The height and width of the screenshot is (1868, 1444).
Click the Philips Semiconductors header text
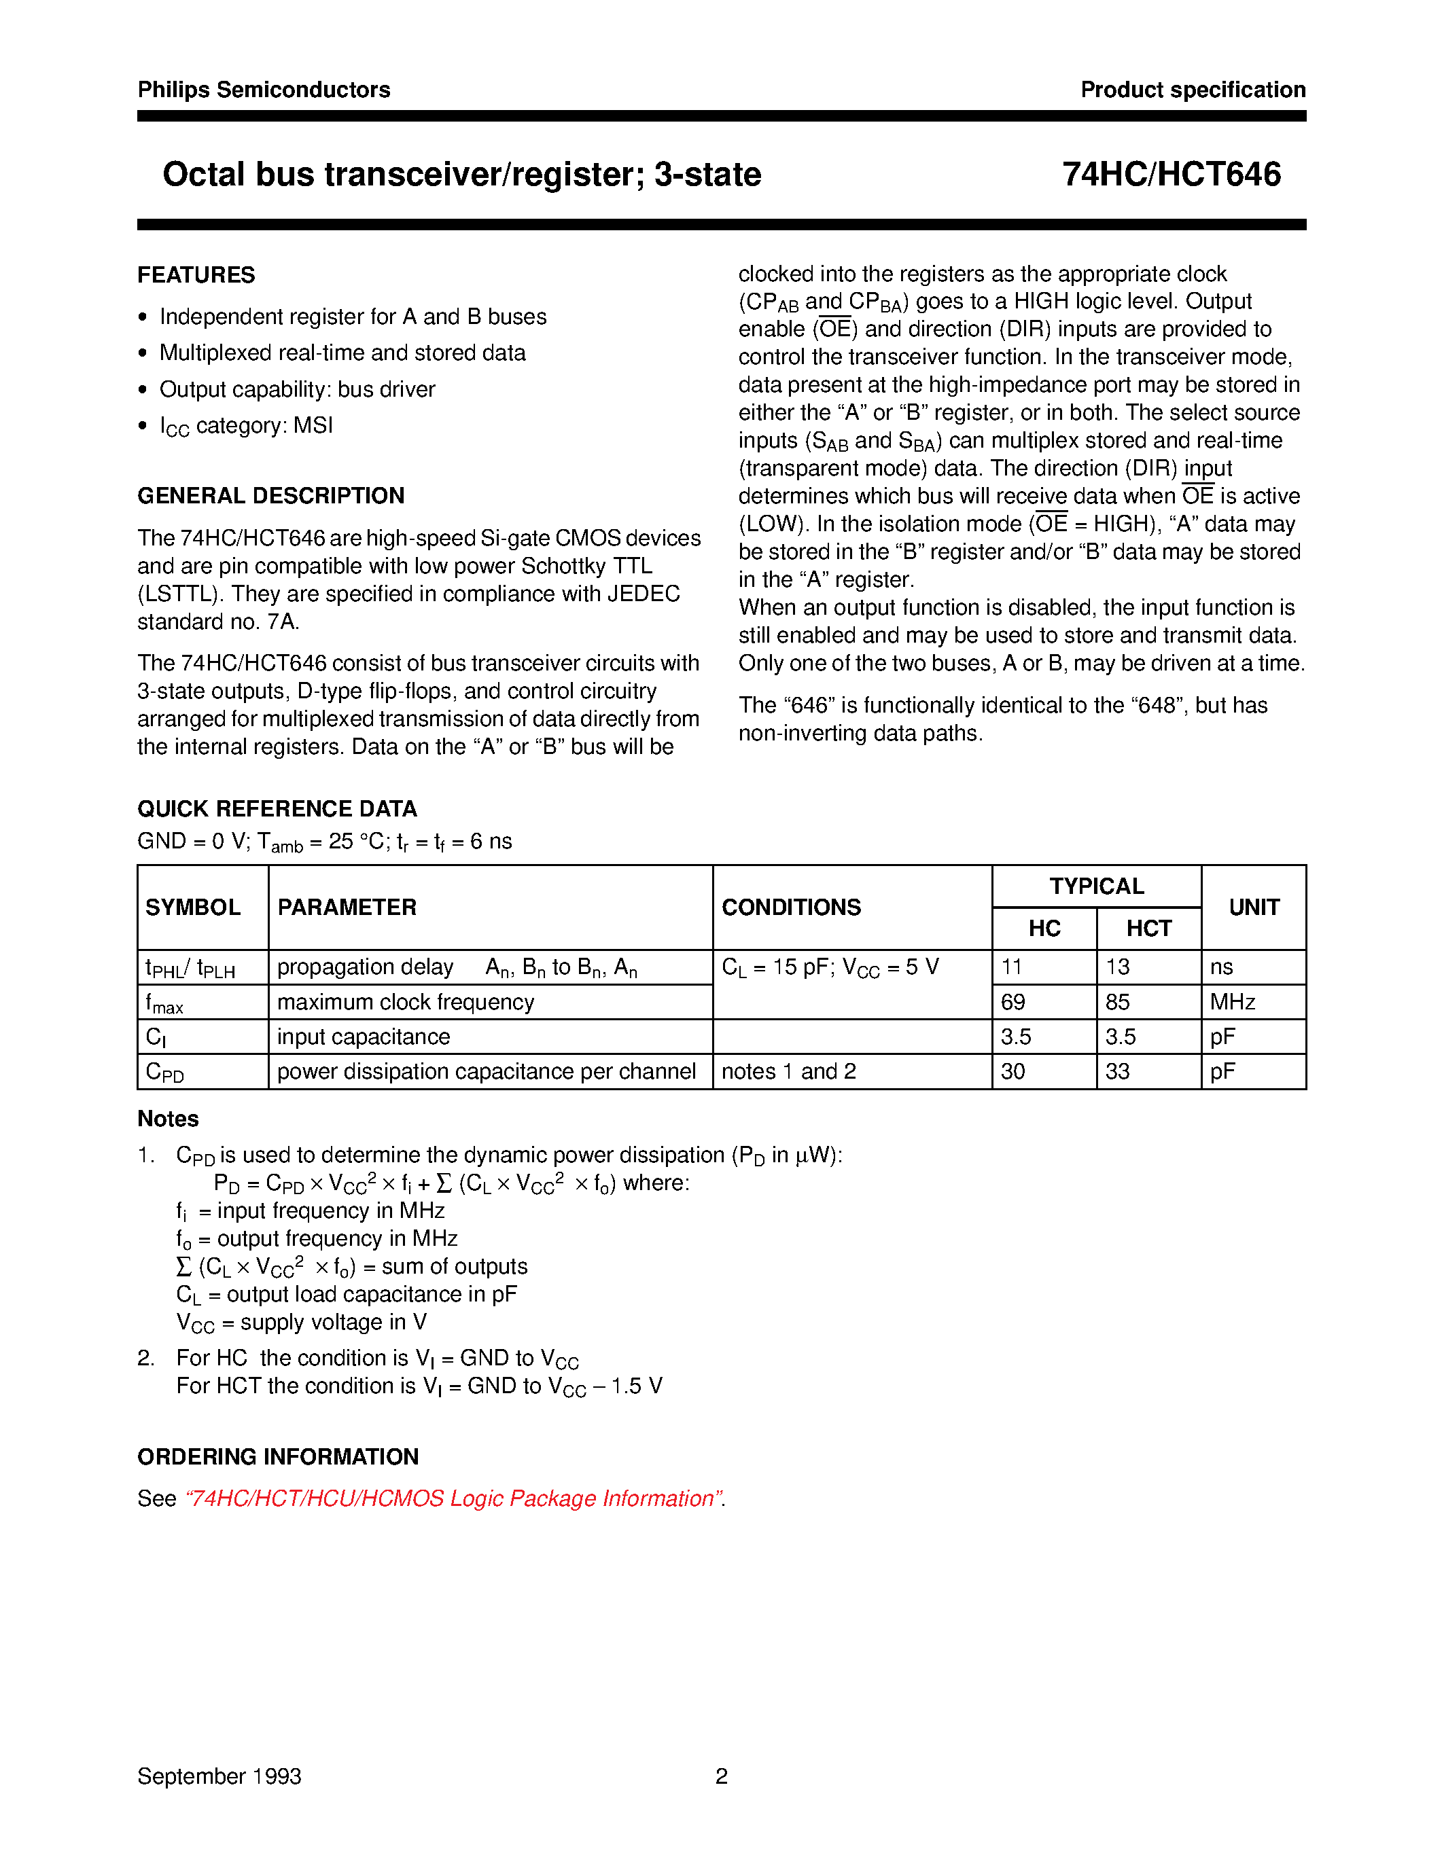coord(264,90)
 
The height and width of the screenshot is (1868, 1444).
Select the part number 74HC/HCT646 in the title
coord(1171,175)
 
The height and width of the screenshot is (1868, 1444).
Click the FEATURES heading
coord(196,274)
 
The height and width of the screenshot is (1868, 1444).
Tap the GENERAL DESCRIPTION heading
coord(270,496)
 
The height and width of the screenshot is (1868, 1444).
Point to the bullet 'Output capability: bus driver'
coord(297,389)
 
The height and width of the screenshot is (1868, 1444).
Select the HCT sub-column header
coord(1148,929)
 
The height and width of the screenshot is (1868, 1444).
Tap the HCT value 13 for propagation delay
coord(1117,967)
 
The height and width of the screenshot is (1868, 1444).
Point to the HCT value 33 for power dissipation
coord(1117,1072)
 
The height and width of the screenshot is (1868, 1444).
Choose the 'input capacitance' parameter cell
coord(364,1037)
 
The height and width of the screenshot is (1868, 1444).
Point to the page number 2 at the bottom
coord(721,1776)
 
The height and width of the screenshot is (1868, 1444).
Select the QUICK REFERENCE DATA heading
coord(277,808)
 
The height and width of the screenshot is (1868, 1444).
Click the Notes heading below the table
coord(168,1119)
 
